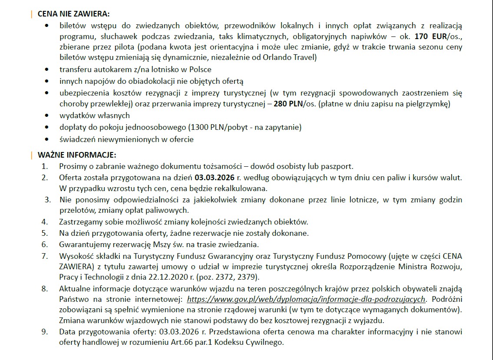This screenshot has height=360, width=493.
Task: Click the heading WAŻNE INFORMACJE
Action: coord(77,155)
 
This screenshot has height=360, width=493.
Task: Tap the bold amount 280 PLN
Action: coord(288,104)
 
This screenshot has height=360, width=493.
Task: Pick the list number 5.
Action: coord(45,233)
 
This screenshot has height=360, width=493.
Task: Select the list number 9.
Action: coord(45,332)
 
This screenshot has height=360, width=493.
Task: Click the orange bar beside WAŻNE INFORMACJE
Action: coord(31,155)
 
